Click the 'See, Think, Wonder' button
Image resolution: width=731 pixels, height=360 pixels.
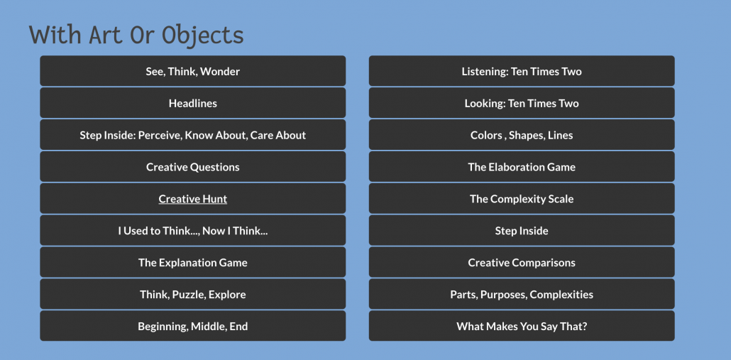click(x=192, y=71)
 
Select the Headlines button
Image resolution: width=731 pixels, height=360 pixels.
click(x=192, y=103)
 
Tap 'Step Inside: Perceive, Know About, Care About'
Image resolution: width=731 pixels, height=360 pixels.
click(x=192, y=135)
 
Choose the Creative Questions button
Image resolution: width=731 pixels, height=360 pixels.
click(x=192, y=167)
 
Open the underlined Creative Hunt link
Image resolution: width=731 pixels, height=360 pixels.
click(x=192, y=199)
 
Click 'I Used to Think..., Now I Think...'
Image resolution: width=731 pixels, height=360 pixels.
click(x=192, y=231)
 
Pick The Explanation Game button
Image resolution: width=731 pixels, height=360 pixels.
click(x=192, y=263)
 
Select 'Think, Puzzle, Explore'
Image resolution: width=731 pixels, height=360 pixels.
click(x=192, y=295)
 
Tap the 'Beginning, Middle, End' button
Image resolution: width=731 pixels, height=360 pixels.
click(x=192, y=327)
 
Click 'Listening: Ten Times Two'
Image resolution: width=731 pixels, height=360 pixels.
click(x=522, y=71)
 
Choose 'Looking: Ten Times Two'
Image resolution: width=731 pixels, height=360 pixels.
click(x=522, y=103)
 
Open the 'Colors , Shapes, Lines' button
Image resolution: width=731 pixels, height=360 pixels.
click(x=522, y=135)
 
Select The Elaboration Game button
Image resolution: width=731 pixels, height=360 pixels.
click(x=522, y=167)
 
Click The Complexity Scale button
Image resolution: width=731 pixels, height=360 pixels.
click(x=522, y=199)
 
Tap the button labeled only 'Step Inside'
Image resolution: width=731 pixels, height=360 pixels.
click(x=522, y=231)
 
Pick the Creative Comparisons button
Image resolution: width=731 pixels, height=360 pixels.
click(x=522, y=263)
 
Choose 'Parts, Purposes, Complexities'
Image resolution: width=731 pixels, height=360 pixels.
click(x=522, y=295)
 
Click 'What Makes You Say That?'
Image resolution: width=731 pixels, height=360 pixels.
click(x=522, y=327)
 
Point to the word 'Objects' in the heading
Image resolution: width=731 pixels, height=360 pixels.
click(x=202, y=35)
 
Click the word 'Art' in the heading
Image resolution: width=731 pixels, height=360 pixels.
click(x=106, y=35)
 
